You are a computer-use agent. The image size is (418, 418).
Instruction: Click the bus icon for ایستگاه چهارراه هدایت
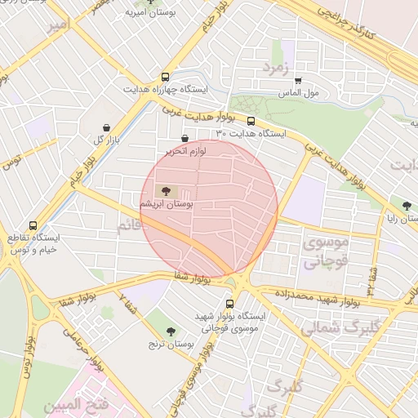pyautogui.click(x=167, y=74)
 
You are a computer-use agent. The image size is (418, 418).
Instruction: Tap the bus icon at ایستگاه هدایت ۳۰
pyautogui.click(x=251, y=120)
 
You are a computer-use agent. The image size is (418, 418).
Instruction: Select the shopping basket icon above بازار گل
pyautogui.click(x=108, y=127)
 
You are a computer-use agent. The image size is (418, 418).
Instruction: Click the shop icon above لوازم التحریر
pyautogui.click(x=185, y=139)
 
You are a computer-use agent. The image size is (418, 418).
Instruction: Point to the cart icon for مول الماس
pyautogui.click(x=298, y=80)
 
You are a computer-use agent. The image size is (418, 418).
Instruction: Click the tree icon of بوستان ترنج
pyautogui.click(x=171, y=331)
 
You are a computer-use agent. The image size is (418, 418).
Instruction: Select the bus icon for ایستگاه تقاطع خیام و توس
pyautogui.click(x=33, y=225)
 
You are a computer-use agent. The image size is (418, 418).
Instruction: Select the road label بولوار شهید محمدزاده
pyautogui.click(x=318, y=295)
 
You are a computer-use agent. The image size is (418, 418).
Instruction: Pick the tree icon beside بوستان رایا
pyautogui.click(x=406, y=204)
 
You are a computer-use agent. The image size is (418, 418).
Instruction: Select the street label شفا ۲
pyautogui.click(x=129, y=305)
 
